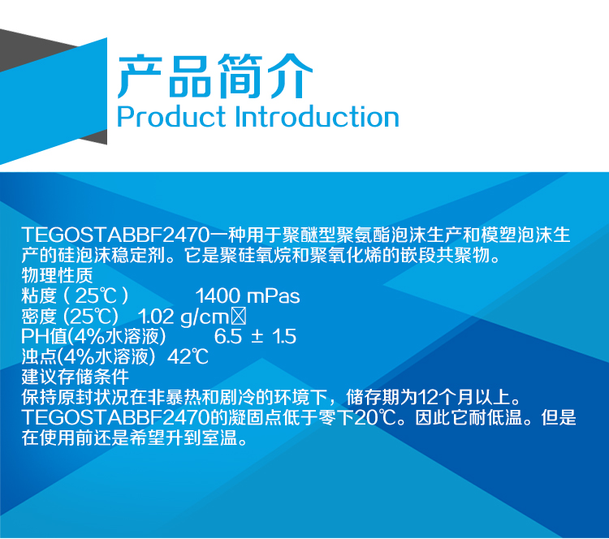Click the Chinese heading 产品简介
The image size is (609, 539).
(x=214, y=78)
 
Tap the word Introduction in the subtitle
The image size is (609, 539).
(x=317, y=117)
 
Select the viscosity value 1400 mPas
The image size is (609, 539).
(x=248, y=296)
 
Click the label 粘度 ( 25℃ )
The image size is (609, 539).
(x=76, y=296)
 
